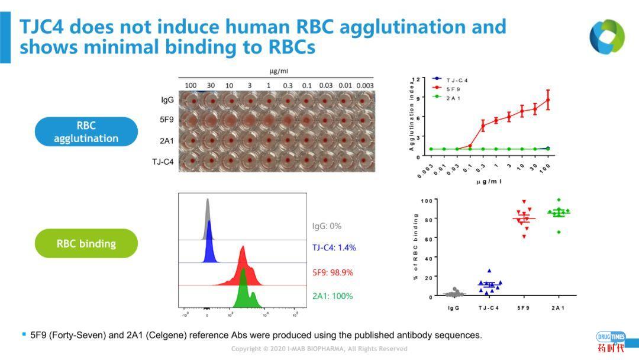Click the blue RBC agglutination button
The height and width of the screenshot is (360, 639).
point(86,132)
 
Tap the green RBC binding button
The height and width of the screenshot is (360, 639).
point(86,243)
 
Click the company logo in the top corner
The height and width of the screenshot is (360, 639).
point(606,37)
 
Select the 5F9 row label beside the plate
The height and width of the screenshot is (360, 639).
point(166,119)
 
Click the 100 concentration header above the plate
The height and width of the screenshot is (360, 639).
point(191,85)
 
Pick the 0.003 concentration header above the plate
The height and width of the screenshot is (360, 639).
point(364,85)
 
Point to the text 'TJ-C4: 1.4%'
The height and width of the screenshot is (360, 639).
point(334,247)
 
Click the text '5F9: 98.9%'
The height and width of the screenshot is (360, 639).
point(333,272)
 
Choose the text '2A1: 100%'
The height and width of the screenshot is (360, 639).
point(333,295)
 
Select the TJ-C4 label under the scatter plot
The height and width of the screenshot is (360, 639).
point(489,308)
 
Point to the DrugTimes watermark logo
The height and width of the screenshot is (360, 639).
point(611,342)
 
